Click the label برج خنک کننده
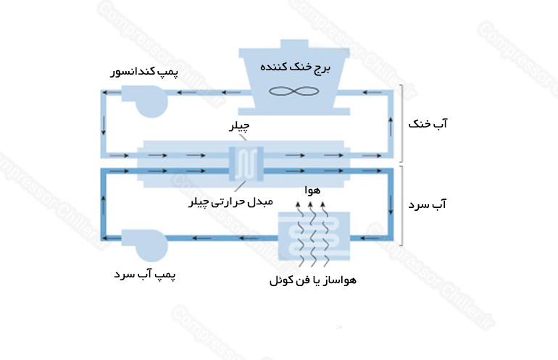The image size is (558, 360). point(296,67)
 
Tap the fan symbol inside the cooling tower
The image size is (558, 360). point(294,91)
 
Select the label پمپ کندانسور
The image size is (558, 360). point(144,72)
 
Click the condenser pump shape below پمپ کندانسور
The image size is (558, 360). point(145,101)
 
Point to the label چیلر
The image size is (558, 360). point(239,126)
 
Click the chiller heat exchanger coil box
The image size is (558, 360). point(246,164)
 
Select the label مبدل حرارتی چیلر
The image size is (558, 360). point(230,202)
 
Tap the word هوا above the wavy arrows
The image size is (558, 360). point(312,191)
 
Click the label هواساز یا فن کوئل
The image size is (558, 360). point(313,280)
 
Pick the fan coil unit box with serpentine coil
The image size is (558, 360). point(314,237)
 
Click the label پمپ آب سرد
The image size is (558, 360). point(144,275)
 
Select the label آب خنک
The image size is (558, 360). point(428,124)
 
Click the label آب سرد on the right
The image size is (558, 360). point(427,205)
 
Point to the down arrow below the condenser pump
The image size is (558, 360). point(104,125)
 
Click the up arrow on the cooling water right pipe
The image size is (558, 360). point(391,126)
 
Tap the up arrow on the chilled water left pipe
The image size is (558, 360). point(104,205)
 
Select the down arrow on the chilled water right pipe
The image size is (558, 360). point(391,205)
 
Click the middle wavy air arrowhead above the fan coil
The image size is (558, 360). point(310,204)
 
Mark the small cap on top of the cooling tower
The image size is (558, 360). point(294,44)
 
